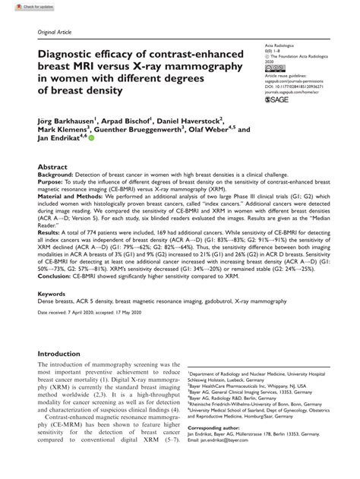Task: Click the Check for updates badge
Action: point(20,6)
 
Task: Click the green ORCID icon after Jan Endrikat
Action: point(91,140)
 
